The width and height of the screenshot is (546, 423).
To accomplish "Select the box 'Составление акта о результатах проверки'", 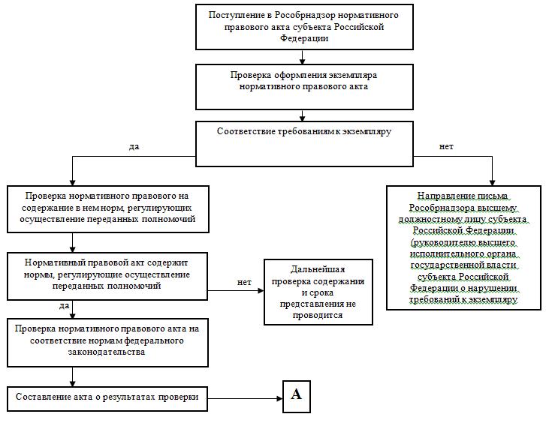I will tap(107, 397).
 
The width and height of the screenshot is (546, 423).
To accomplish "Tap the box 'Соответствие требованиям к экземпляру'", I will tap(304, 143).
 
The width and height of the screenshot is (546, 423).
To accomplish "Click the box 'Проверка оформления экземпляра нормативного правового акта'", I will tap(303, 86).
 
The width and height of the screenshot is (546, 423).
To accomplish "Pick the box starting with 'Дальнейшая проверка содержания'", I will tap(318, 292).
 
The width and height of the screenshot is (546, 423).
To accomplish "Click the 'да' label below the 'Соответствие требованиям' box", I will tap(134, 146).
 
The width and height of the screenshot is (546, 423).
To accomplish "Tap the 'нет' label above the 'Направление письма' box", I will tap(446, 146).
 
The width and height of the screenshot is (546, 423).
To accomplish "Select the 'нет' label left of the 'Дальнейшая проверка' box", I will tap(244, 282).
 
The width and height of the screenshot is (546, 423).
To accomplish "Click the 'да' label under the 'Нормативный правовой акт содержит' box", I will tap(64, 306).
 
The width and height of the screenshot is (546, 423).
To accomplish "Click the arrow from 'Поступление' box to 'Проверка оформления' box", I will tap(303, 56).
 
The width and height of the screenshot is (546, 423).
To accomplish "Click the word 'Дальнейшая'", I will tap(318, 270).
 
